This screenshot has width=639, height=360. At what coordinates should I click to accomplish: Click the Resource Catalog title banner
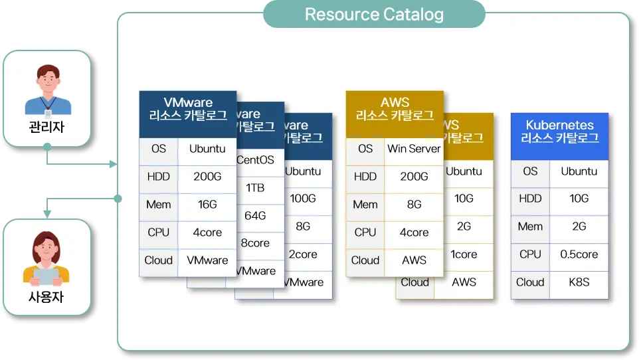click(x=374, y=14)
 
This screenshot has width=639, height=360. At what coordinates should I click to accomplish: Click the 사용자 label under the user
click(x=46, y=297)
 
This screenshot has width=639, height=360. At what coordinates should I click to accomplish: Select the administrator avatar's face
click(x=47, y=80)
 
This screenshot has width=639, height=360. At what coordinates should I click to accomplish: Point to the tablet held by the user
click(x=46, y=274)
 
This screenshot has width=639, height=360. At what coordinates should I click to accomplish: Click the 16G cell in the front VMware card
click(x=208, y=205)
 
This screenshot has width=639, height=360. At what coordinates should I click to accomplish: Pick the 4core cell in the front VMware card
click(x=208, y=232)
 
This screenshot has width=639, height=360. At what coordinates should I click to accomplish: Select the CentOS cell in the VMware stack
click(x=255, y=160)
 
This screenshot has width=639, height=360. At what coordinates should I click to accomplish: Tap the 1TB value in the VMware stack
click(x=255, y=188)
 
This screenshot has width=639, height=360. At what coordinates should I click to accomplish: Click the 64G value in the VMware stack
click(x=255, y=216)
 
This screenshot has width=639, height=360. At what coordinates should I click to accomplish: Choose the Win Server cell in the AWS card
click(x=414, y=149)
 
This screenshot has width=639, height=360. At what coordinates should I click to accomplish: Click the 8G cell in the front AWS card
click(x=414, y=205)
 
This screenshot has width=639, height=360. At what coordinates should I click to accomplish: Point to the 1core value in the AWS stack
click(x=464, y=254)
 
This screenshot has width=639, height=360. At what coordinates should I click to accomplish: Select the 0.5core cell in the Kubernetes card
click(x=579, y=254)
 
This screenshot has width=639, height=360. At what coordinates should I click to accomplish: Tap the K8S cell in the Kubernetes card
click(x=579, y=282)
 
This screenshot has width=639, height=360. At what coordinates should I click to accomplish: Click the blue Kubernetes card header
click(x=559, y=132)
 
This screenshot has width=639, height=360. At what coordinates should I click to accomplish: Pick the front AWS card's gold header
click(x=395, y=109)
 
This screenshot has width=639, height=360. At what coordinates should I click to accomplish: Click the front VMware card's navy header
click(x=188, y=109)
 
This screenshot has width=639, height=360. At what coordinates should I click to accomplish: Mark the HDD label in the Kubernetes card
click(x=530, y=199)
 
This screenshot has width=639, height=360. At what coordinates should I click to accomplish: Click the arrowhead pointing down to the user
click(x=47, y=213)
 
